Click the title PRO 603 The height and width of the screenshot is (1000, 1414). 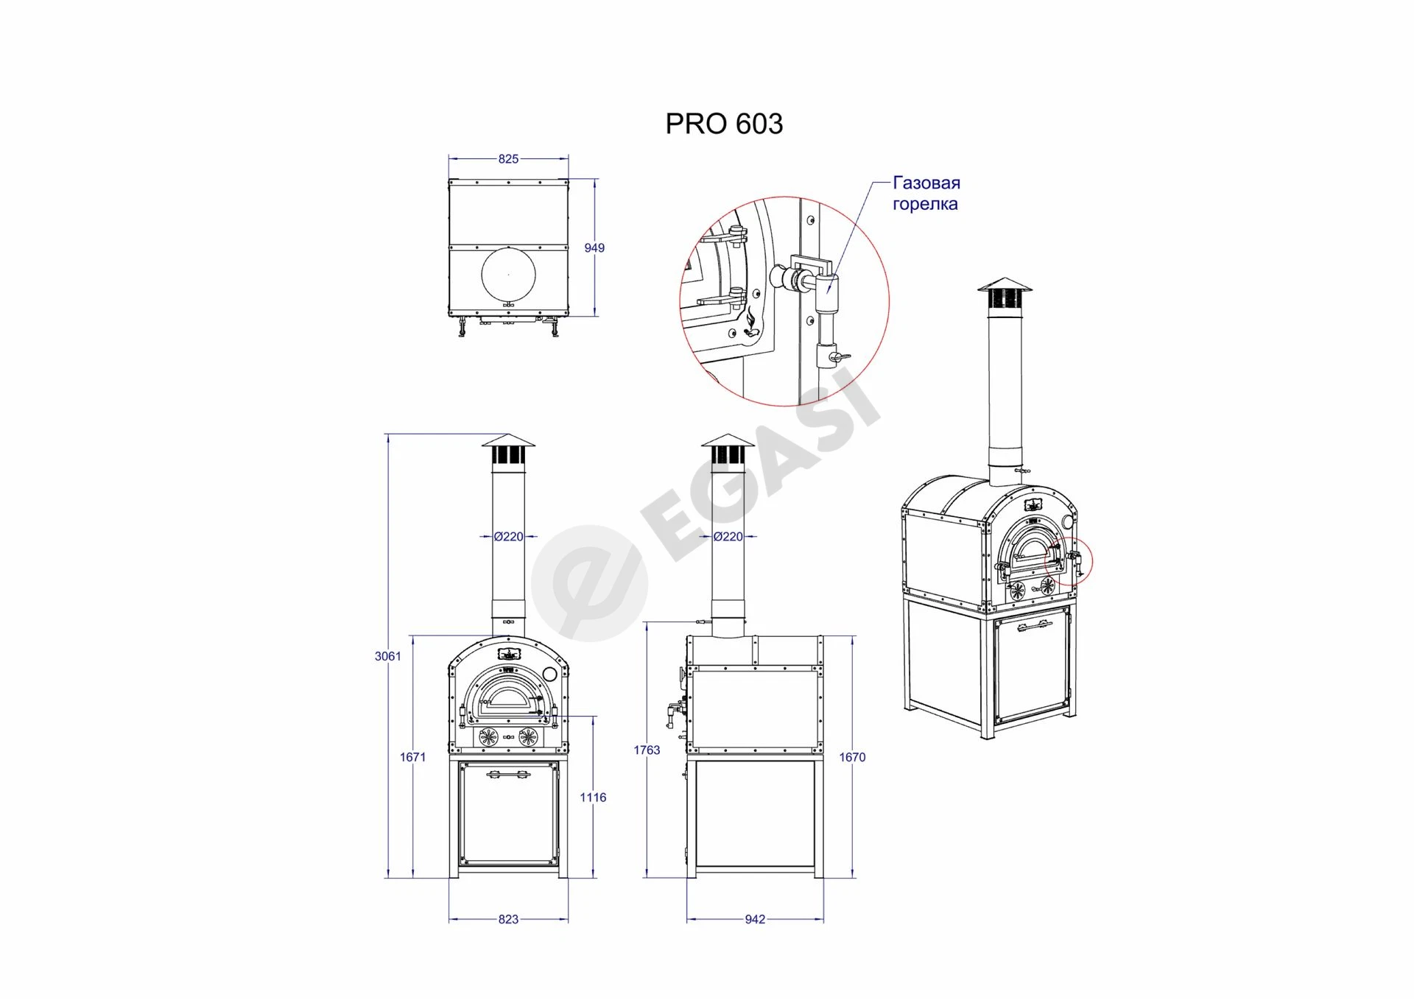724,124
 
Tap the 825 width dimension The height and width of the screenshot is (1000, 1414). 508,158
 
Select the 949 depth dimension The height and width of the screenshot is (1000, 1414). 594,248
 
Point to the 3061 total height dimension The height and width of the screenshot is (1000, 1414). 388,656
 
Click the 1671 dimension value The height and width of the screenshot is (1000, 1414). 413,757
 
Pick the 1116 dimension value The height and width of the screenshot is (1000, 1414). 593,797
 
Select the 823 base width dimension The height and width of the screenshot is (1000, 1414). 508,919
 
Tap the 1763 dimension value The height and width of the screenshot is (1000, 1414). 647,750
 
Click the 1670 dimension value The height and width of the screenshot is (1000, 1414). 852,757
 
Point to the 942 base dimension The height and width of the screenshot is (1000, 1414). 755,919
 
